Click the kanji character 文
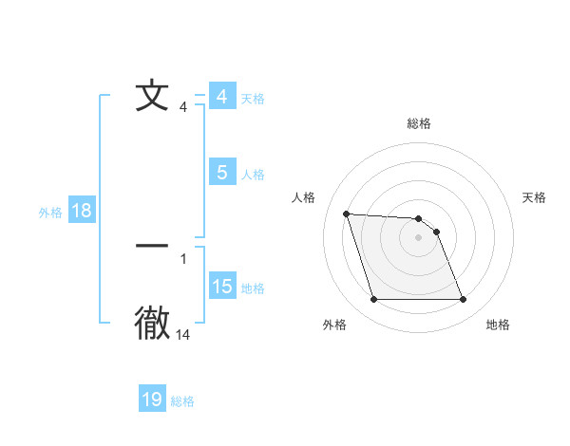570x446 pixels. point(152,96)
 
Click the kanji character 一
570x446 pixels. point(152,246)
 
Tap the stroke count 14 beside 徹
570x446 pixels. point(183,335)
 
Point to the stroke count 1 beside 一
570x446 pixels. point(183,258)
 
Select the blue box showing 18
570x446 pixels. point(82,211)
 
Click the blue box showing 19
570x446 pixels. point(152,400)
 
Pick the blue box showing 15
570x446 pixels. point(222,287)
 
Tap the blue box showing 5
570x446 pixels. point(222,173)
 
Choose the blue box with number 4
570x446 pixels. point(222,97)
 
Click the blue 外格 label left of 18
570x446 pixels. point(50,213)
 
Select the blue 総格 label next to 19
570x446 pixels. point(182,401)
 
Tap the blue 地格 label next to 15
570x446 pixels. point(253,288)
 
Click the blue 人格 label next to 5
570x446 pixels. point(253,175)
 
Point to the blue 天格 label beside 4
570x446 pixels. point(253,99)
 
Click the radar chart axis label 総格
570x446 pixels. point(419,123)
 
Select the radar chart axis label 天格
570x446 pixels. point(535,197)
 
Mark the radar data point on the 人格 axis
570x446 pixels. point(346,214)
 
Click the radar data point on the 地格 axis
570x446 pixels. point(463,300)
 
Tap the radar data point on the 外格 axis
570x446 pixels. point(373,300)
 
